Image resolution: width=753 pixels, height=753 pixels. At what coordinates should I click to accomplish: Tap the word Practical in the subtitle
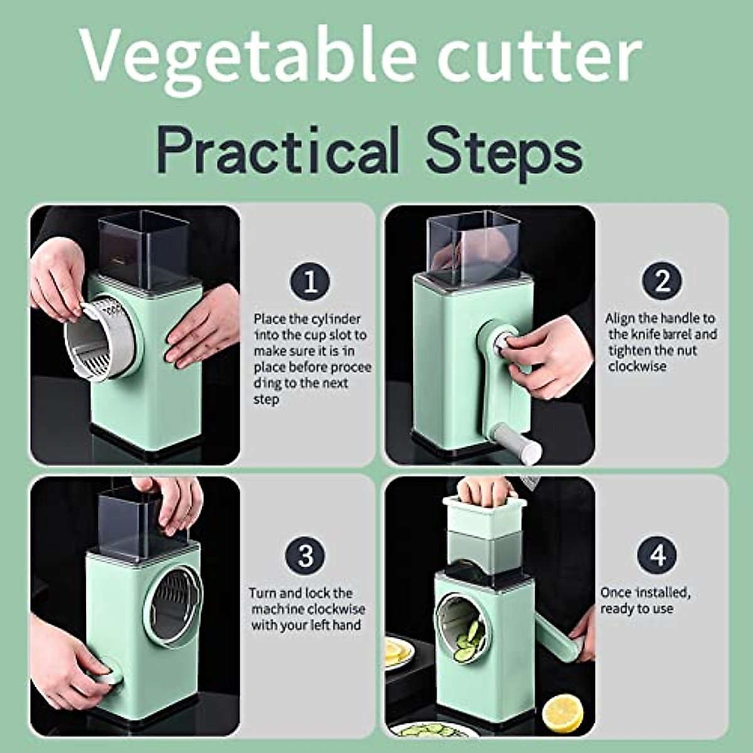(x=279, y=150)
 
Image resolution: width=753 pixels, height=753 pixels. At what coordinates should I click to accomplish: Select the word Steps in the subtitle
(x=504, y=150)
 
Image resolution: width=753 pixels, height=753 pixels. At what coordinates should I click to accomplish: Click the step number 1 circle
(x=310, y=282)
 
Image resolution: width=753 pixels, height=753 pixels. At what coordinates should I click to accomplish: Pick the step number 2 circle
(x=661, y=282)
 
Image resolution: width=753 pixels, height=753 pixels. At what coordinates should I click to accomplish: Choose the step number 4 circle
(x=657, y=555)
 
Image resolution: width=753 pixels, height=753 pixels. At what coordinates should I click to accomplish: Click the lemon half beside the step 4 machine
(x=562, y=713)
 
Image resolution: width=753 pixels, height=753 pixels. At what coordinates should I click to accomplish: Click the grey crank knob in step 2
(x=516, y=443)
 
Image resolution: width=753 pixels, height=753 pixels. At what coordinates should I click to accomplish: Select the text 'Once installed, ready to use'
(x=645, y=601)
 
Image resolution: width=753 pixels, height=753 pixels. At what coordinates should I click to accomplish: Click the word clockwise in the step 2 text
(x=637, y=366)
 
